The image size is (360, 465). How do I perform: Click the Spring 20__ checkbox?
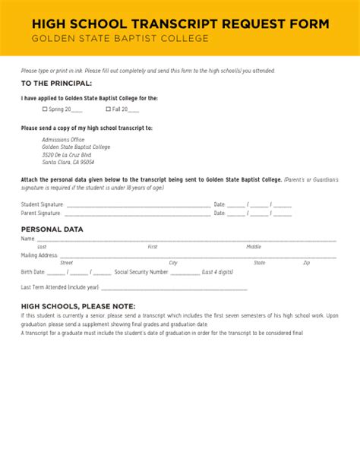pyautogui.click(x=45, y=109)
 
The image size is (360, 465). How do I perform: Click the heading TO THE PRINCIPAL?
pyautogui.click(x=56, y=83)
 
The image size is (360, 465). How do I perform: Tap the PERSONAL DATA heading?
pyautogui.click(x=52, y=229)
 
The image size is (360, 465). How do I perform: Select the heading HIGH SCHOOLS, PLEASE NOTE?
pyautogui.click(x=73, y=305)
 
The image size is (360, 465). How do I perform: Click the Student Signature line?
pyautogui.click(x=138, y=205)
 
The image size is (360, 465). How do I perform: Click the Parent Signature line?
pyautogui.click(x=138, y=214)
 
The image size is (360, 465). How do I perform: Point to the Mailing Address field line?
pyautogui.click(x=197, y=257)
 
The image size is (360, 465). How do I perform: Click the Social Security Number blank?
pyautogui.click(x=191, y=272)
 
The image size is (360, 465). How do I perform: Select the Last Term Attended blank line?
pyautogui.click(x=174, y=289)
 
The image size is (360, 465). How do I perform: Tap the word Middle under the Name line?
pyautogui.click(x=254, y=247)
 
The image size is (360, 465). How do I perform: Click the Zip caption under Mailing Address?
pyautogui.click(x=306, y=263)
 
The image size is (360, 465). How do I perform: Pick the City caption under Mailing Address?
pyautogui.click(x=173, y=263)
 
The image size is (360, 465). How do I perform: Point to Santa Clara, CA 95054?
pyautogui.click(x=68, y=162)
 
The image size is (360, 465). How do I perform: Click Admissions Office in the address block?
pyautogui.click(x=63, y=140)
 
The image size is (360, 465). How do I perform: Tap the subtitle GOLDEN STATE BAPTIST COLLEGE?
pyautogui.click(x=119, y=39)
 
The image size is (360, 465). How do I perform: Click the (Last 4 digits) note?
pyautogui.click(x=219, y=272)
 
